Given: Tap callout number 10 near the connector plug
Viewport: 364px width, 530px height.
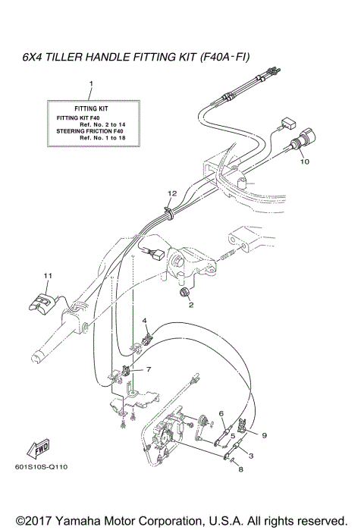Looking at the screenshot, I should pyautogui.click(x=303, y=162).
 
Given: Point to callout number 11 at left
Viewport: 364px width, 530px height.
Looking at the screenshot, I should pyautogui.click(x=47, y=274).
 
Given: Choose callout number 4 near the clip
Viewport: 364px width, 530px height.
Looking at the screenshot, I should pyautogui.click(x=144, y=321).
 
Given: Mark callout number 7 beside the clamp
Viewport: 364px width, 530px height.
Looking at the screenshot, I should pyautogui.click(x=149, y=369).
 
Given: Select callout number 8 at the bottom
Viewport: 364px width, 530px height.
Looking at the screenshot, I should pyautogui.click(x=240, y=470).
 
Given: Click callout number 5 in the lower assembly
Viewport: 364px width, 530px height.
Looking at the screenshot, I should pyautogui.click(x=233, y=436).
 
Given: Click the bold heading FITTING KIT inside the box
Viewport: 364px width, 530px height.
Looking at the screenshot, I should pyautogui.click(x=90, y=109).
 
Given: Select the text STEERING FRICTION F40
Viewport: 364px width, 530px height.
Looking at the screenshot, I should pyautogui.click(x=90, y=132).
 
